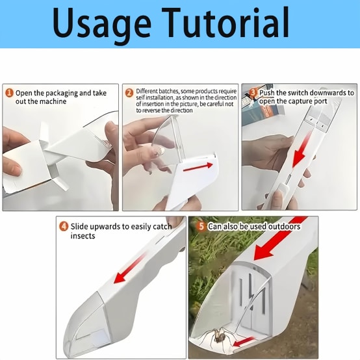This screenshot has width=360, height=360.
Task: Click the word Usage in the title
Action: click(x=102, y=25)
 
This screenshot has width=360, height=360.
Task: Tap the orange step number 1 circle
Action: click(x=9, y=93)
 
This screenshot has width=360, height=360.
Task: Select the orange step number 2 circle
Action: click(x=129, y=93)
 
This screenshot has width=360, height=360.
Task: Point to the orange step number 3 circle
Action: click(x=253, y=93)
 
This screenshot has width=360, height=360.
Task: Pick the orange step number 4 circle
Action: click(x=64, y=226)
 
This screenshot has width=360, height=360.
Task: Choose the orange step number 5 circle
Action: click(x=201, y=226)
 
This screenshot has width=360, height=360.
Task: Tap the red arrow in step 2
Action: click(x=198, y=167)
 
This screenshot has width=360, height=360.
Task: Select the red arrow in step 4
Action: click(x=130, y=268)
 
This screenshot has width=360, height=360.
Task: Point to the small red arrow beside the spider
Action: click(x=244, y=342)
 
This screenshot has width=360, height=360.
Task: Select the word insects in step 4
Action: click(x=83, y=236)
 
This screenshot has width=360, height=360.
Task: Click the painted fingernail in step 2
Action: click(x=159, y=151)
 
